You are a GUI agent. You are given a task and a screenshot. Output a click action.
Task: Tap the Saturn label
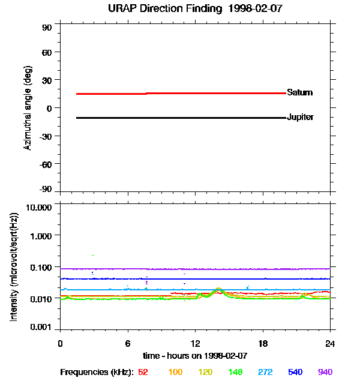pos(299,93)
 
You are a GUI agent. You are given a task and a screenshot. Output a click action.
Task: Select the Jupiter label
pos(300,117)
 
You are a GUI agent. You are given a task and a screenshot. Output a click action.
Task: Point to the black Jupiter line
pos(180,118)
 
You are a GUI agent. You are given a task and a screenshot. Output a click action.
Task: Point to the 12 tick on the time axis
pos(196,343)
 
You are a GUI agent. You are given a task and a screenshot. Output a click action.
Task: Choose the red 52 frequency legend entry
pos(143,373)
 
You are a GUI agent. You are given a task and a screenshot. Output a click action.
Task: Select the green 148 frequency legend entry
pos(235,373)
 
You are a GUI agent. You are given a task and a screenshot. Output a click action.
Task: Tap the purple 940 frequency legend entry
pos(325,373)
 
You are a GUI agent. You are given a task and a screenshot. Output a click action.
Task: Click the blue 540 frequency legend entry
pos(295,373)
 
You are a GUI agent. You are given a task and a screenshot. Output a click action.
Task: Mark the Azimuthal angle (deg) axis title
pos(28,108)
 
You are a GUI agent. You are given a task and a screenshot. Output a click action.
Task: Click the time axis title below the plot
pos(195,356)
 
